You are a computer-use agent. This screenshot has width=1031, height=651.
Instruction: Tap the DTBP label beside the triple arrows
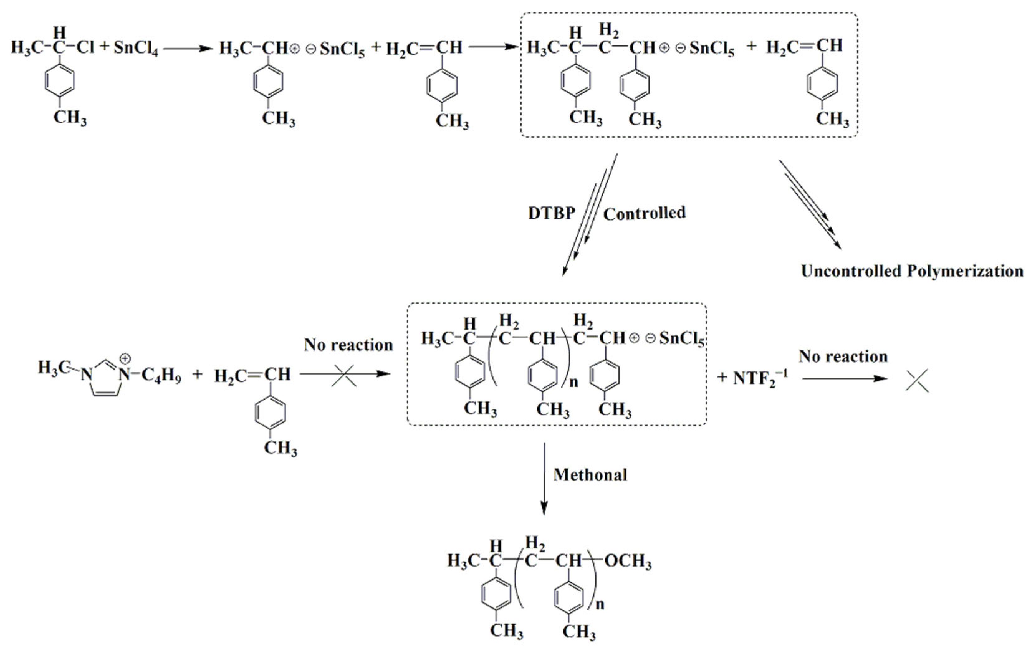551,213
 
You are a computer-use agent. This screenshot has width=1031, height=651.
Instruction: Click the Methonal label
590,475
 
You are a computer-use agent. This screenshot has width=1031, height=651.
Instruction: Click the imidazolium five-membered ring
105,379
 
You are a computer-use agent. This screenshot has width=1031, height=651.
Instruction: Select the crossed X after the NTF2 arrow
917,380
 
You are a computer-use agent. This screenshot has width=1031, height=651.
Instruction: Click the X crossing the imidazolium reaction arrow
344,376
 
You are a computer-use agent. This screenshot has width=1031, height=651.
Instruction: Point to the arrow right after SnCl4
188,48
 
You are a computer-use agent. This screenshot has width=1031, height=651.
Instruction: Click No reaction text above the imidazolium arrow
348,345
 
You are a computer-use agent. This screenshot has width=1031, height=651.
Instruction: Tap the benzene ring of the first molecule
60,80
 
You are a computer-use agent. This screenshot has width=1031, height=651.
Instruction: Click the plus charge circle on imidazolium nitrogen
125,358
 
